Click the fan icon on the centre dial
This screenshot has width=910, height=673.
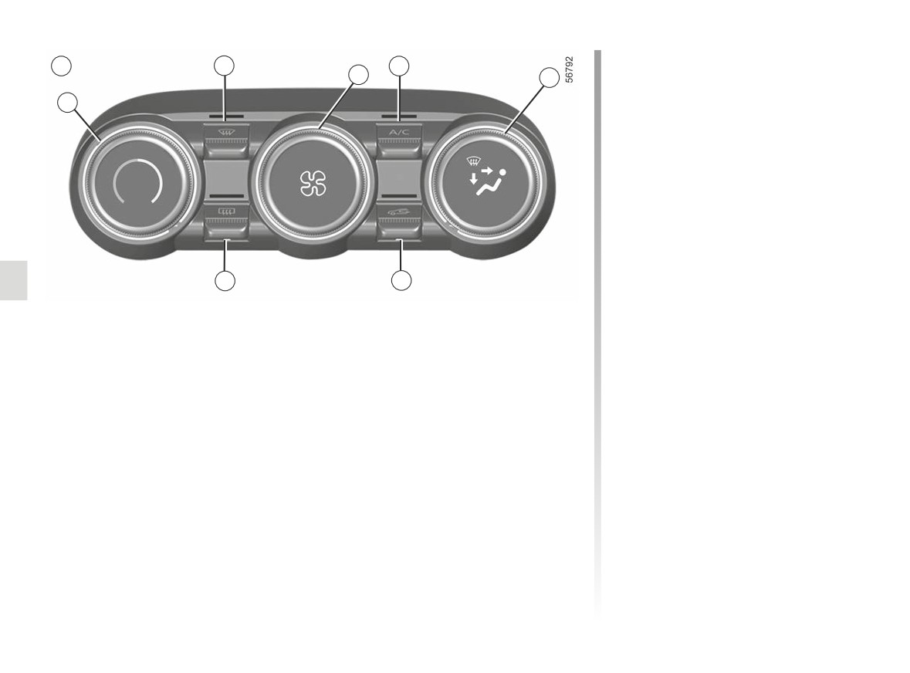(313, 184)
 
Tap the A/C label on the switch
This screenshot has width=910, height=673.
(399, 132)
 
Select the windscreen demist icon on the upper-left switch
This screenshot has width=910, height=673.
(225, 132)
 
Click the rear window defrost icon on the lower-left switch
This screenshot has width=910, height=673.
(225, 212)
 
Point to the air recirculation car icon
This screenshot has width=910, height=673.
(399, 212)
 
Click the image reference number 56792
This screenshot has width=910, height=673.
(570, 69)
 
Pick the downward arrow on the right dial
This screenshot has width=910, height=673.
(474, 178)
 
